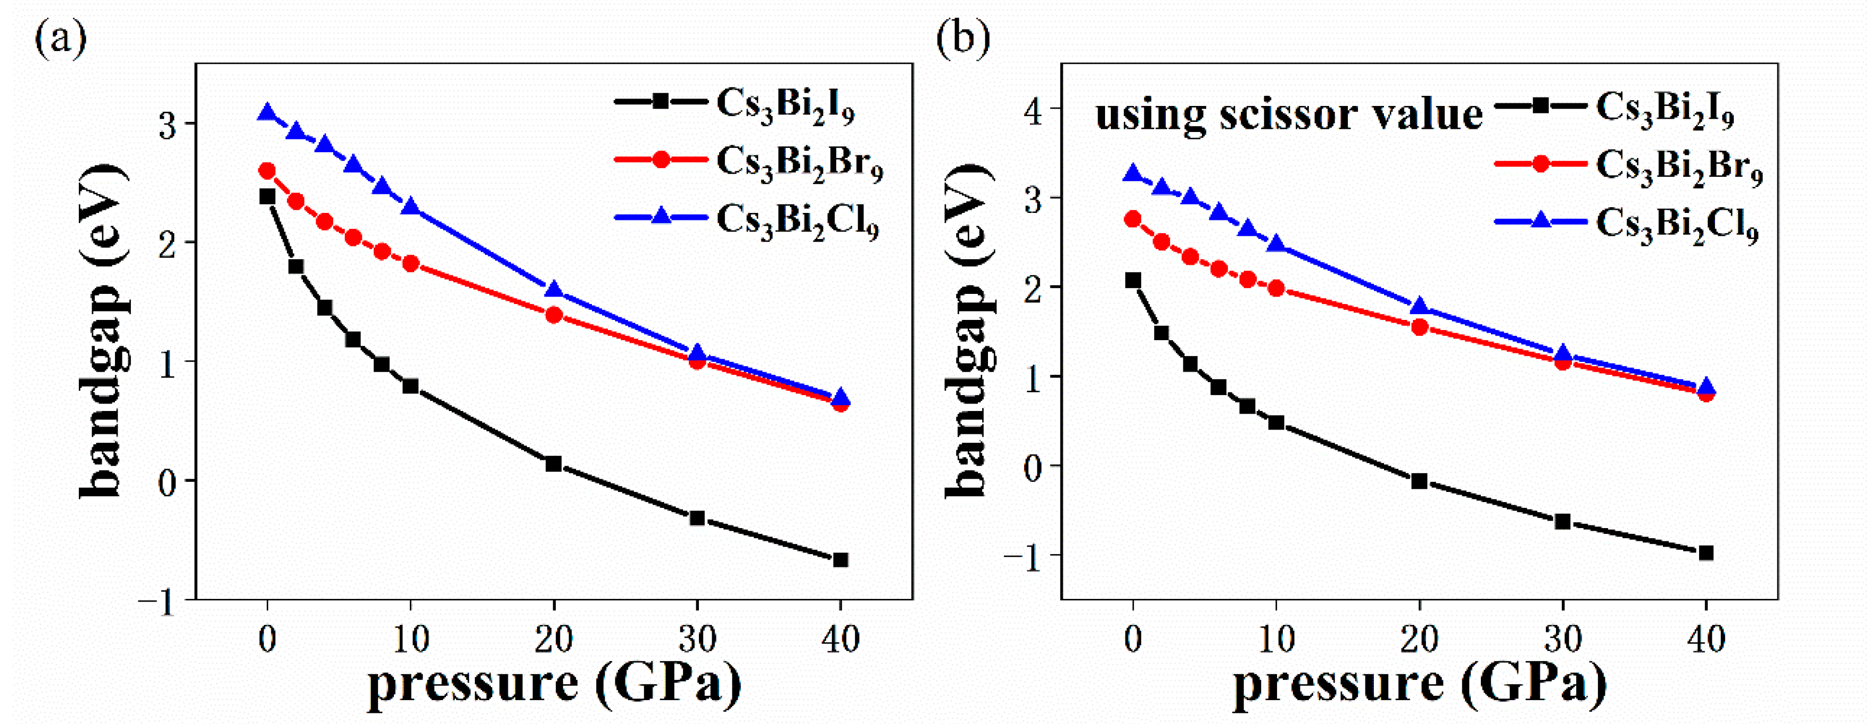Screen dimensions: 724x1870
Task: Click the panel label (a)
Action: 60,38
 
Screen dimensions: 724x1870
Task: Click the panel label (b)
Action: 962,38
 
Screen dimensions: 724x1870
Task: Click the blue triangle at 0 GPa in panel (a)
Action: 267,112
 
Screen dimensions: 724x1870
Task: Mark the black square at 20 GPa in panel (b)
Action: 1419,481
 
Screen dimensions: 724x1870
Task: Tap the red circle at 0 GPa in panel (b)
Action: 1132,219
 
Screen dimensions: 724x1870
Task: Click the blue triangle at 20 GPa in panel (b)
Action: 1419,307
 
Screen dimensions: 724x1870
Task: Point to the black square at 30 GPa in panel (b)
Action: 1563,521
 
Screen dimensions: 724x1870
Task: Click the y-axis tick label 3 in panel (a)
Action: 168,125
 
